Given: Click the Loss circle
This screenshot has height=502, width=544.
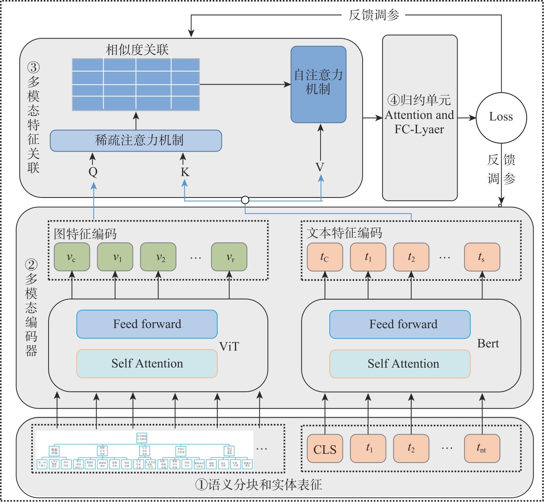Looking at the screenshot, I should click(x=501, y=117).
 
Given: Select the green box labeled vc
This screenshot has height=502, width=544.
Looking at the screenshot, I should click(x=72, y=257).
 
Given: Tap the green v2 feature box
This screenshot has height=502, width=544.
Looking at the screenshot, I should click(x=158, y=257).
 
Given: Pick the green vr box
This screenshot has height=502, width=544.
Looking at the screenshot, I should click(x=229, y=257).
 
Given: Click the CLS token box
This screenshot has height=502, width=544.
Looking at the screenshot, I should click(x=325, y=449).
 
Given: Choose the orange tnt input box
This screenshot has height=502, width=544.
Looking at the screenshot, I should click(x=482, y=448).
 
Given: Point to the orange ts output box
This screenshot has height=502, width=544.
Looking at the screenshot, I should click(x=482, y=257).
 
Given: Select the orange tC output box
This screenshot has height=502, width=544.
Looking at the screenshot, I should click(x=325, y=257).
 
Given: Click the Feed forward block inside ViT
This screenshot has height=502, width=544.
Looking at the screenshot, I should click(x=147, y=324).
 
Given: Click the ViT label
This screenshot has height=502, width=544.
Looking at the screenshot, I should click(x=229, y=347).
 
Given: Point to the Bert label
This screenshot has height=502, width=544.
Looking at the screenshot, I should click(x=488, y=344).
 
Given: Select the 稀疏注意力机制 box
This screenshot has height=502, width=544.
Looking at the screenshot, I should click(x=136, y=140).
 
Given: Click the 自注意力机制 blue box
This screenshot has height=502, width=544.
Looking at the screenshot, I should click(x=318, y=84).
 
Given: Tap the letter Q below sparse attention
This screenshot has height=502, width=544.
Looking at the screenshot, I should click(x=93, y=172).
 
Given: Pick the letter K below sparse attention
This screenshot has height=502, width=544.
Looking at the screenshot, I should click(x=185, y=172).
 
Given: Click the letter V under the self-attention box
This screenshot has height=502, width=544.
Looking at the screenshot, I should click(x=320, y=167).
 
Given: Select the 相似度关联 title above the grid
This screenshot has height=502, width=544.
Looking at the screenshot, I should click(x=137, y=50).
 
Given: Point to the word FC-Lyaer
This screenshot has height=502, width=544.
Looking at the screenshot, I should click(x=419, y=129).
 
